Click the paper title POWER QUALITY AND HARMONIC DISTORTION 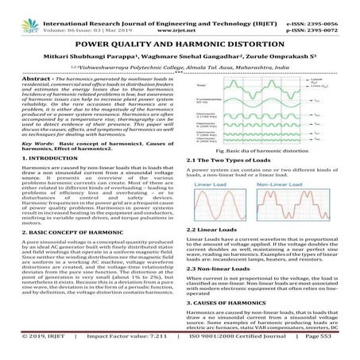point(180,45)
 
